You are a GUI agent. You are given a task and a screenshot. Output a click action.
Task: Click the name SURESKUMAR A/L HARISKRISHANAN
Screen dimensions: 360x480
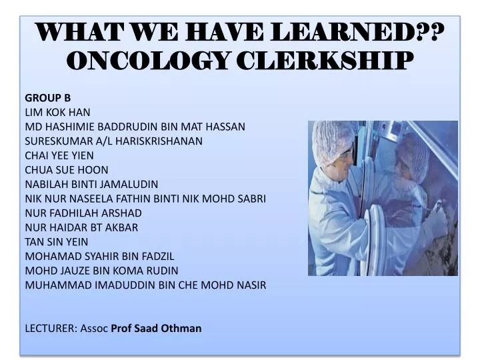pyautogui.click(x=114, y=141)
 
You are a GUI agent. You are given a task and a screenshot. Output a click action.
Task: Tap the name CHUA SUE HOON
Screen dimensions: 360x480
pyautogui.click(x=66, y=169)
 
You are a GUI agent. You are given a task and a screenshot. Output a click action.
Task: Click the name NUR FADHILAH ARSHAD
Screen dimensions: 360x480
pyautogui.click(x=83, y=213)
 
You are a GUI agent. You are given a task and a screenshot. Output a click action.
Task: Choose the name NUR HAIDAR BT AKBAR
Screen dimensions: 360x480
pyautogui.click(x=81, y=227)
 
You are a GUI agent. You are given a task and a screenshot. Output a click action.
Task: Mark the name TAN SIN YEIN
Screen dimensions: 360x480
pyautogui.click(x=56, y=241)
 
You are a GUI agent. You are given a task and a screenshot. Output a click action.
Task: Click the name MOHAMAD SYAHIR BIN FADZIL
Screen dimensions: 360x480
pyautogui.click(x=99, y=256)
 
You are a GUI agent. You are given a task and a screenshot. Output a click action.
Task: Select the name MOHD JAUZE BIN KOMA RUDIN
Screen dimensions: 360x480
pyautogui.click(x=101, y=270)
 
